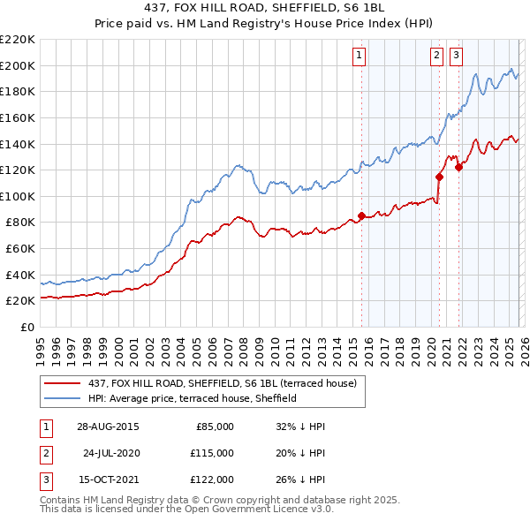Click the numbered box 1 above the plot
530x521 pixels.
click(x=360, y=56)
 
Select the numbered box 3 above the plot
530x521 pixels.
click(x=456, y=56)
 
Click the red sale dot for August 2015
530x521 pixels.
click(x=361, y=215)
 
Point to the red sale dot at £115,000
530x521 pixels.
click(x=438, y=177)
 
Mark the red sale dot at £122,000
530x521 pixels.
click(x=458, y=167)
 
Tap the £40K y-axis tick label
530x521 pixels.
click(x=20, y=275)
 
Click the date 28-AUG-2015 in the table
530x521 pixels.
click(x=108, y=427)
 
